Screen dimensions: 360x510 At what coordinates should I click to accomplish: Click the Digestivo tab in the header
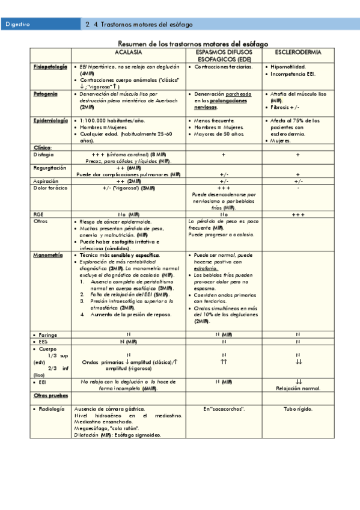click(x=18, y=25)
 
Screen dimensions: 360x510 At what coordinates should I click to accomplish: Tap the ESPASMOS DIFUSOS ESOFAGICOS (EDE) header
click(x=224, y=57)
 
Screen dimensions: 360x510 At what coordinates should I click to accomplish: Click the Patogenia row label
click(x=46, y=94)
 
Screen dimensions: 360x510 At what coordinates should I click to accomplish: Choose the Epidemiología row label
click(x=50, y=120)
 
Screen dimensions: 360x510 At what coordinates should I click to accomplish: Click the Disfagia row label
click(x=43, y=155)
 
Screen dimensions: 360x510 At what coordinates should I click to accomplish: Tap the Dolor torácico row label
click(x=50, y=188)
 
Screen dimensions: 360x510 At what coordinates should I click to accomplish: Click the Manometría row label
click(x=48, y=255)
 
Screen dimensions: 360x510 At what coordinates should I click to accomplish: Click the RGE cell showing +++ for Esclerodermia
click(x=298, y=214)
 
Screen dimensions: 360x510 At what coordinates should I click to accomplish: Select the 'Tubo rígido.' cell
click(x=298, y=409)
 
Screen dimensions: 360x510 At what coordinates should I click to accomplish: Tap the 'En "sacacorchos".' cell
click(x=224, y=409)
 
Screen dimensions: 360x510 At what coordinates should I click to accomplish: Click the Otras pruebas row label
click(x=50, y=396)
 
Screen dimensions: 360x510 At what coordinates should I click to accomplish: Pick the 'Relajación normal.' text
click(x=298, y=389)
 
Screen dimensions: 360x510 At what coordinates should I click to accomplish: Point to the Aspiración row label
click(x=47, y=180)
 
